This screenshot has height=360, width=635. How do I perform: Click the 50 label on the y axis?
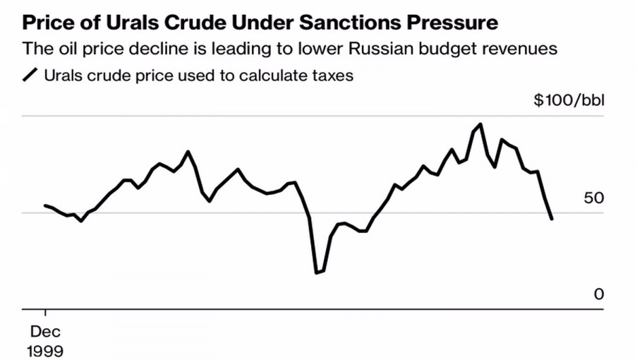point(594,198)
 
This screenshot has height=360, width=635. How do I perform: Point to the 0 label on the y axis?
point(599,294)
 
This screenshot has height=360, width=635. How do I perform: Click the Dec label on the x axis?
point(45,332)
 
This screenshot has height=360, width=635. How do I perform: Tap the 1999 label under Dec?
point(45,351)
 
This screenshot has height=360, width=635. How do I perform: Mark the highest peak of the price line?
point(480,124)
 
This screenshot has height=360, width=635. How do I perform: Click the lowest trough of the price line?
point(317,272)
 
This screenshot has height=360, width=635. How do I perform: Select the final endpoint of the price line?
point(552,219)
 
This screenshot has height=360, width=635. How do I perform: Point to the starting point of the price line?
point(45,205)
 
